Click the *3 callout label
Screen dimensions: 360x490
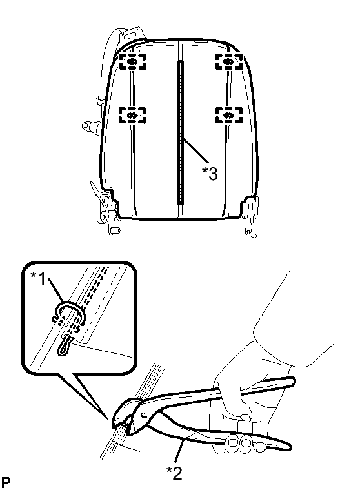click(210, 174)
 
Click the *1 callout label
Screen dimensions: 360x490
click(39, 278)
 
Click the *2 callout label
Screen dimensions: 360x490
click(174, 473)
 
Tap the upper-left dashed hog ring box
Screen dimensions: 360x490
click(132, 61)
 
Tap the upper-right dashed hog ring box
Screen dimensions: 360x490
click(229, 61)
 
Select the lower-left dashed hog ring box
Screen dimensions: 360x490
click(132, 116)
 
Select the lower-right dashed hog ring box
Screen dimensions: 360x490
click(229, 116)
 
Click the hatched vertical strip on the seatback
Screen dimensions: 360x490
click(181, 132)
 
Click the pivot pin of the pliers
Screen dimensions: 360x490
click(143, 415)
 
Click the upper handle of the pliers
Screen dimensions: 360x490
click(219, 391)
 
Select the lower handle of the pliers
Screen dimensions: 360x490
click(219, 434)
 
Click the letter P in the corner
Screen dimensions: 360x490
click(5, 482)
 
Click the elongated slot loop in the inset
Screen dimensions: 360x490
click(64, 345)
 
